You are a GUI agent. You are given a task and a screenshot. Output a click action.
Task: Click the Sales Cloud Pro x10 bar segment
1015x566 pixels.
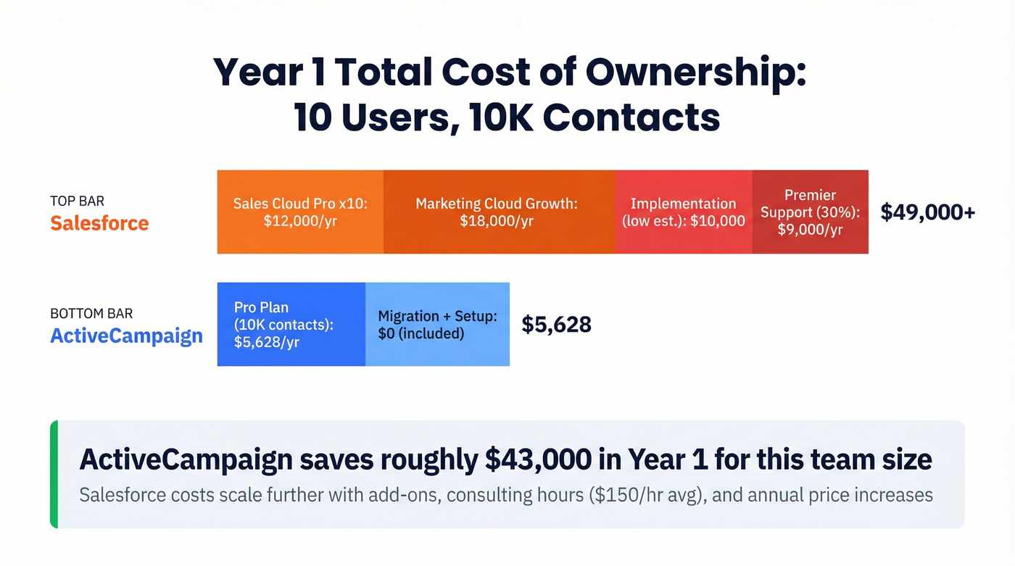click(300, 212)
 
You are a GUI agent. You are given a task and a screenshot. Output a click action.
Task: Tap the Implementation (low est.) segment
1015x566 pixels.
click(683, 212)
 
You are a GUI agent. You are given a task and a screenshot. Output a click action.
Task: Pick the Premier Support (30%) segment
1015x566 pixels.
click(810, 212)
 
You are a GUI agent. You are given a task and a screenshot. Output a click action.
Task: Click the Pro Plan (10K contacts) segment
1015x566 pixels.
click(291, 324)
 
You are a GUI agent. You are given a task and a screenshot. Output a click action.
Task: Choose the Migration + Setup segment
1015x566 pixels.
click(437, 324)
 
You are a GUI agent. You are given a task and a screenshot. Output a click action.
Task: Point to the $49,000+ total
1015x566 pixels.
click(927, 212)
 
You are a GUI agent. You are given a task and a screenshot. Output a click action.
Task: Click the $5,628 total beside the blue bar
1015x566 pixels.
click(556, 324)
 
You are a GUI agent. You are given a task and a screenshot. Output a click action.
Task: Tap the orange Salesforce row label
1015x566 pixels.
click(99, 222)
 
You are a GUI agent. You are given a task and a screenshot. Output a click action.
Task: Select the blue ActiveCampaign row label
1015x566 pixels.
click(126, 336)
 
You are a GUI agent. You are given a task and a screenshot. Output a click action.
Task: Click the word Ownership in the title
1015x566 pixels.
click(695, 72)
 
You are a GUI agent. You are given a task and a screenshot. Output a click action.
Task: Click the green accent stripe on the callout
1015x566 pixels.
click(54, 474)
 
